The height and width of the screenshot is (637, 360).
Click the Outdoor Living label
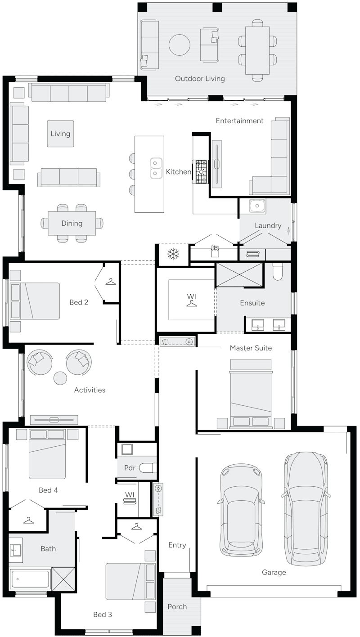[x=200, y=79]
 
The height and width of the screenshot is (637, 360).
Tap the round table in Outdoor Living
[x=180, y=44]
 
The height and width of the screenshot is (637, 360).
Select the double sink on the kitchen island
[x=156, y=168]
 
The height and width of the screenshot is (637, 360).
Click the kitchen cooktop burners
[x=201, y=172]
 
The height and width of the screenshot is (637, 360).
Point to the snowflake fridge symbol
[x=173, y=254]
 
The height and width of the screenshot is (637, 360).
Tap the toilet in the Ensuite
[x=277, y=271]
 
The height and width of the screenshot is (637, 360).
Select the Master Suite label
[x=251, y=348]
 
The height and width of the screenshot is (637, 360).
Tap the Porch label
[x=177, y=606]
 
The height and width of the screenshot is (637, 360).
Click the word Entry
[x=177, y=545]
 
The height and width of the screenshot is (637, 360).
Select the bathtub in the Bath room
[x=30, y=579]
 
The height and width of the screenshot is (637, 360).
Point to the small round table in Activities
[x=60, y=378]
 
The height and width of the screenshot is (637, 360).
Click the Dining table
[x=72, y=223]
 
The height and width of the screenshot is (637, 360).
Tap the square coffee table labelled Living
[x=60, y=134]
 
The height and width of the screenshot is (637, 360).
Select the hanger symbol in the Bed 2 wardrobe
[x=111, y=282]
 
